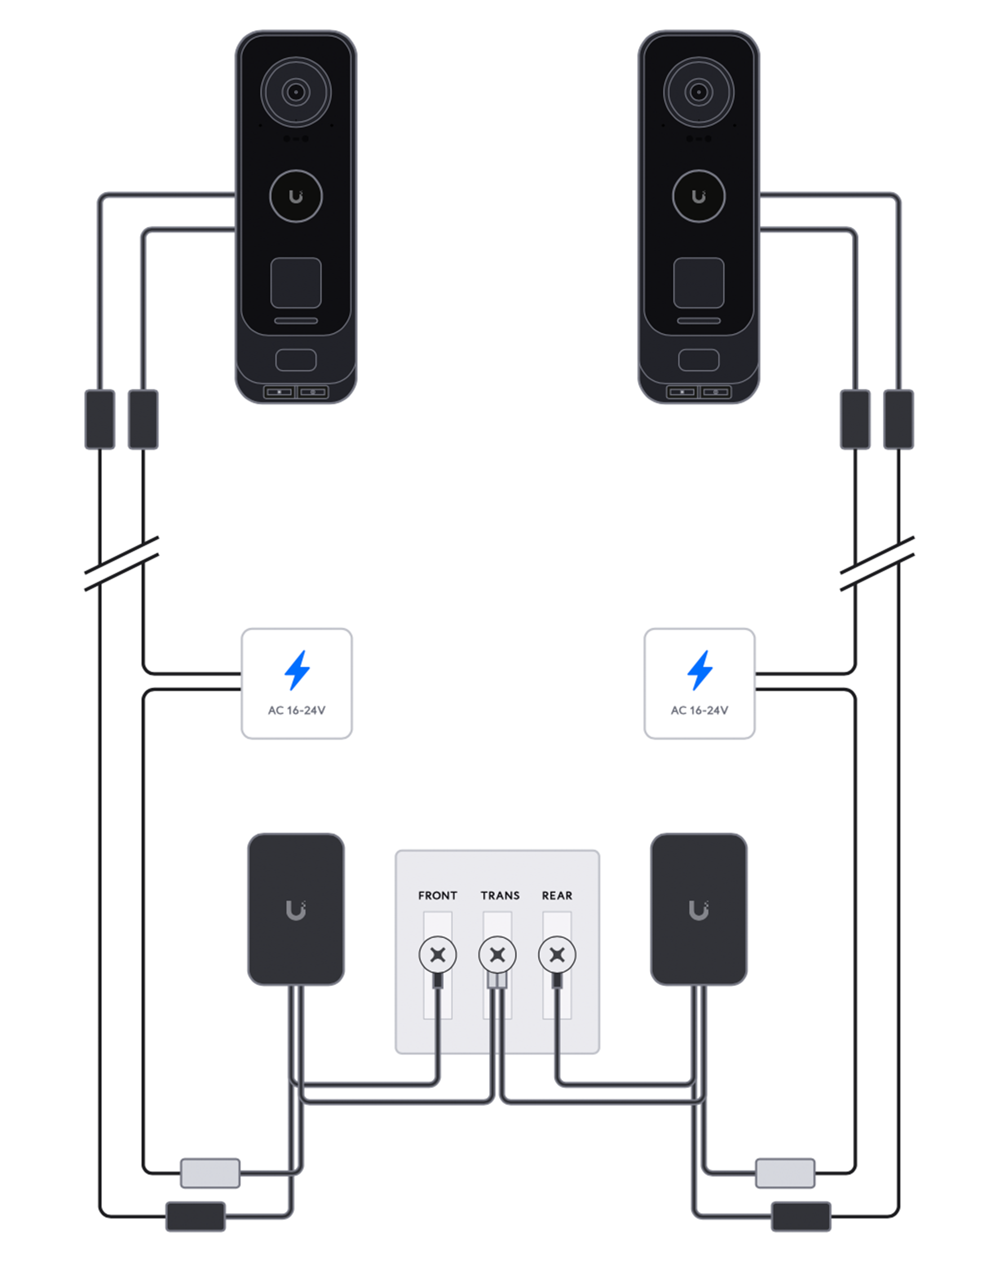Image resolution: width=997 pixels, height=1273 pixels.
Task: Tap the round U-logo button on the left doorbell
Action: (296, 196)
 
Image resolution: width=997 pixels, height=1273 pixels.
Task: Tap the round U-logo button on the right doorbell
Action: (699, 196)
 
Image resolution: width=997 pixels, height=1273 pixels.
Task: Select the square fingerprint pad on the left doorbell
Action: (296, 283)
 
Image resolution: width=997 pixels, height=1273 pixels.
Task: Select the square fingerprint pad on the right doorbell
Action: (699, 283)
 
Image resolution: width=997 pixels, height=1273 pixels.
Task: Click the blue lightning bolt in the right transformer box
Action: (700, 670)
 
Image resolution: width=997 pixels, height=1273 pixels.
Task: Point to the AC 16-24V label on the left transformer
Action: (297, 710)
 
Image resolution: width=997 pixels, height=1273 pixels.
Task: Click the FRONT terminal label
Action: (438, 895)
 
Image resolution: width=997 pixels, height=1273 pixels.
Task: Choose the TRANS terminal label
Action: (500, 895)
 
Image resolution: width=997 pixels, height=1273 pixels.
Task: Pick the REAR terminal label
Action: (558, 895)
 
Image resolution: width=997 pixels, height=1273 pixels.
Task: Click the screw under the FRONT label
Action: (438, 955)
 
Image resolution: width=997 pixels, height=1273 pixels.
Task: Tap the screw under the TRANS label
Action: (497, 955)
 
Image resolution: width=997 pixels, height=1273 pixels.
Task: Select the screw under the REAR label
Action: (558, 955)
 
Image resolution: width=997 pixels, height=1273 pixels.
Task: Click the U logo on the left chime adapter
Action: (296, 910)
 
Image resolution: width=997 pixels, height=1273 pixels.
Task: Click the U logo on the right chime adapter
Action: (699, 910)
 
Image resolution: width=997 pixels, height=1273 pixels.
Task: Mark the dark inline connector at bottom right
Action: (801, 1216)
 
